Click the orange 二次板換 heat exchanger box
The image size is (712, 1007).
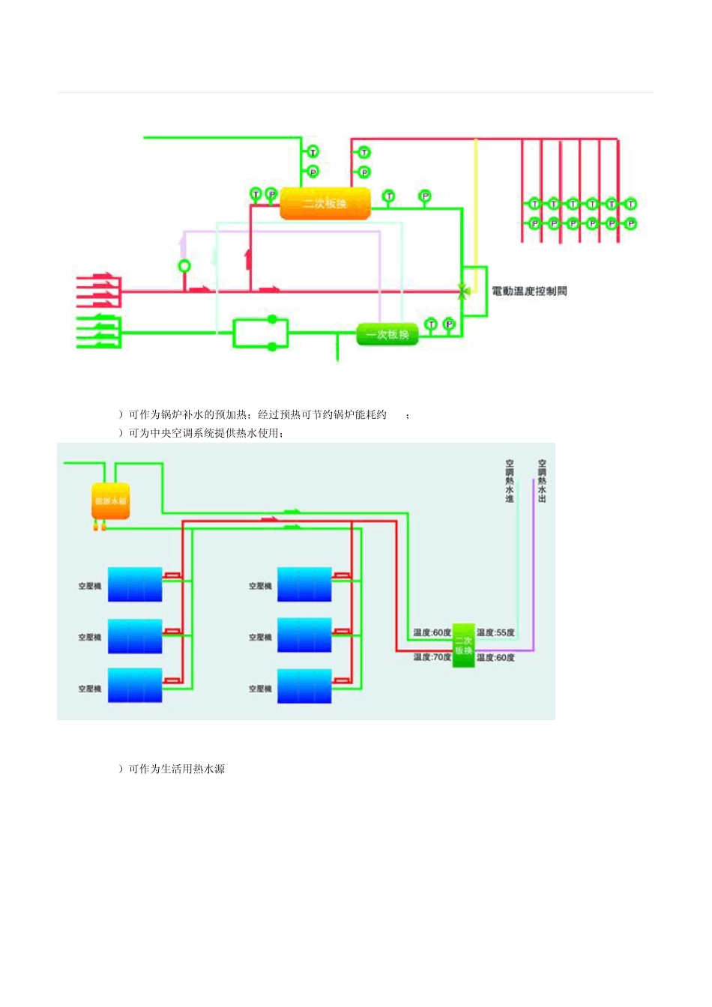pos(325,203)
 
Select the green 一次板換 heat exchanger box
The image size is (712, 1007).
pos(387,334)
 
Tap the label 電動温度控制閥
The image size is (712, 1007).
pos(529,291)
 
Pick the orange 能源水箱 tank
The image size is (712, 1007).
pos(110,501)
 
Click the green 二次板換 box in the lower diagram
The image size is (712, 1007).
pos(463,645)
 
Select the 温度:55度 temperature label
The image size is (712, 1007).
pos(495,632)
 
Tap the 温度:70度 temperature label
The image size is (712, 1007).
pos(432,657)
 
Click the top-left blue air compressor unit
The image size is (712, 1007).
pos(135,584)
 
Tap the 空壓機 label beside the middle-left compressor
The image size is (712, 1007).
pos(90,637)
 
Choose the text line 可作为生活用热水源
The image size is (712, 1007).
pos(177,769)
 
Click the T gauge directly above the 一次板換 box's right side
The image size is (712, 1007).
pos(431,324)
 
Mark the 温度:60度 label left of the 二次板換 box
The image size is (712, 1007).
pos(432,632)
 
